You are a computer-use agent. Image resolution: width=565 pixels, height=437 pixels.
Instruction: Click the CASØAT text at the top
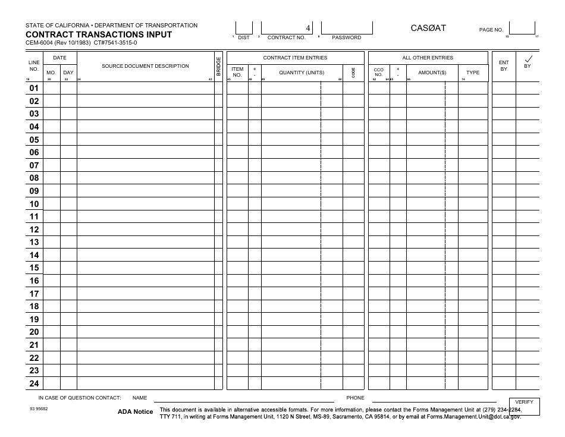click(428, 28)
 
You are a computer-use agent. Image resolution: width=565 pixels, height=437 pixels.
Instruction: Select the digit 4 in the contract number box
click(307, 28)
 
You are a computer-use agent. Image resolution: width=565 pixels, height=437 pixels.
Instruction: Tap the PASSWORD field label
click(346, 37)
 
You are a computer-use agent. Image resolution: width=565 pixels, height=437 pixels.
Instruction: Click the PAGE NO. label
click(491, 29)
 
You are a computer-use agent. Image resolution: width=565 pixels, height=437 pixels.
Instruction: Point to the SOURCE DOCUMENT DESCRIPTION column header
click(145, 66)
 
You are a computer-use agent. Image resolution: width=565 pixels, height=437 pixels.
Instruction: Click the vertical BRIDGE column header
click(218, 66)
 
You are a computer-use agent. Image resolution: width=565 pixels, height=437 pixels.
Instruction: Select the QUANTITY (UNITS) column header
click(302, 73)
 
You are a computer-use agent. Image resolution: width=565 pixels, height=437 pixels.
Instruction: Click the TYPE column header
click(472, 73)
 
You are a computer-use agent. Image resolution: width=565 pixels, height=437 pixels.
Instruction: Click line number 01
click(34, 89)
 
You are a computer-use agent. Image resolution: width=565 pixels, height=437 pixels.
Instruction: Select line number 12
click(34, 229)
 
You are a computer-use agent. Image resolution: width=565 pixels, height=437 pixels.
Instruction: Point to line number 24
click(34, 383)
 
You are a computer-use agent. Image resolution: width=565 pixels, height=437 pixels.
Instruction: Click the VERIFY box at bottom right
click(524, 403)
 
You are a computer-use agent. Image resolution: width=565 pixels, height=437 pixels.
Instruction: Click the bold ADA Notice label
click(135, 412)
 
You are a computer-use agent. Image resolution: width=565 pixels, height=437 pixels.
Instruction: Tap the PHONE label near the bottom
click(355, 398)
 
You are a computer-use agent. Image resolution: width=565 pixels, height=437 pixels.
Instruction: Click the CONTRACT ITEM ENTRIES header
click(295, 58)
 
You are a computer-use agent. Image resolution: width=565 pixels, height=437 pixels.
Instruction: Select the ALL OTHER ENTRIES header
click(428, 58)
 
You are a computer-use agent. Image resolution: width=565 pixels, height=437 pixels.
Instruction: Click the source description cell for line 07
click(145, 165)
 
